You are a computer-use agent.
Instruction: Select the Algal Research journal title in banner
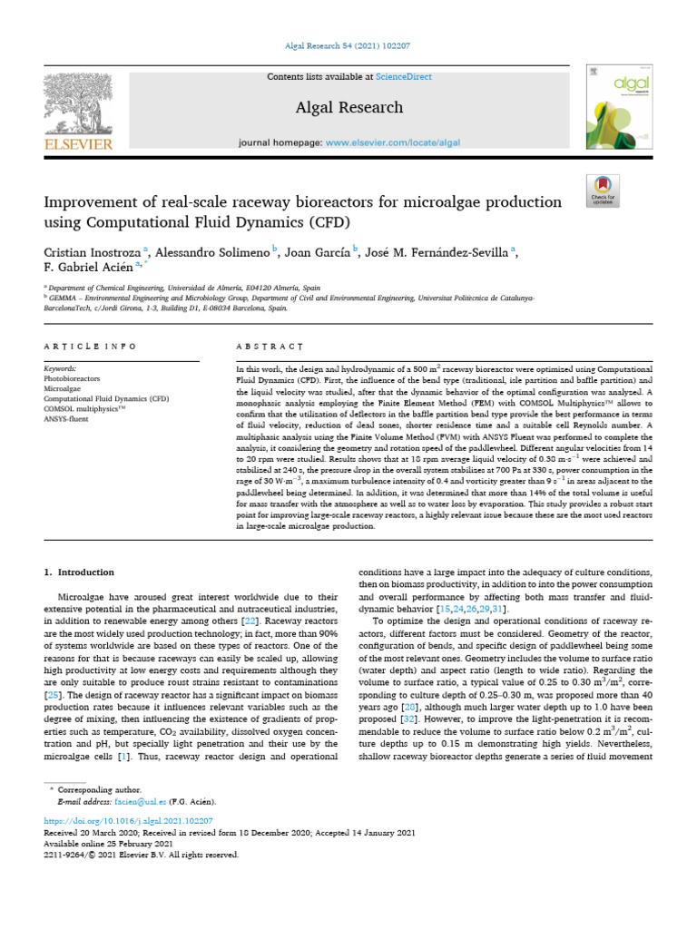tap(348, 108)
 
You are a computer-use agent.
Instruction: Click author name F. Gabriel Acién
tap(87, 268)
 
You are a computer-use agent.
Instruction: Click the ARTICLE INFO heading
tap(91, 347)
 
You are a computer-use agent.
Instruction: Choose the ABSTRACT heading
tap(270, 347)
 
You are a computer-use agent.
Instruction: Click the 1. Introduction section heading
tap(80, 572)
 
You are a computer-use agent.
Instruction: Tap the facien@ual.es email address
tap(133, 802)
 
